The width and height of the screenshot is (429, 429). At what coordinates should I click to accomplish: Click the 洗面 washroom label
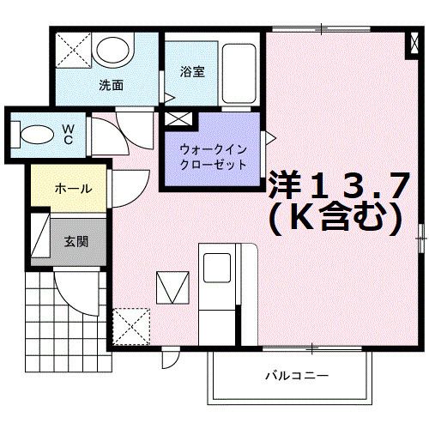coord(111,85)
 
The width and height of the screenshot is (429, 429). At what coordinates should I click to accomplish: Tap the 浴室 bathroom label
coord(192,72)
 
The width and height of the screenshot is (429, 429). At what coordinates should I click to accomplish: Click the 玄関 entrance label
coord(75,241)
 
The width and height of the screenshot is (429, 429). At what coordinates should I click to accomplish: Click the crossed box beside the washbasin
coord(73,50)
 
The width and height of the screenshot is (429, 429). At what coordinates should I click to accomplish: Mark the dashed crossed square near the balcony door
coord(130,326)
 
